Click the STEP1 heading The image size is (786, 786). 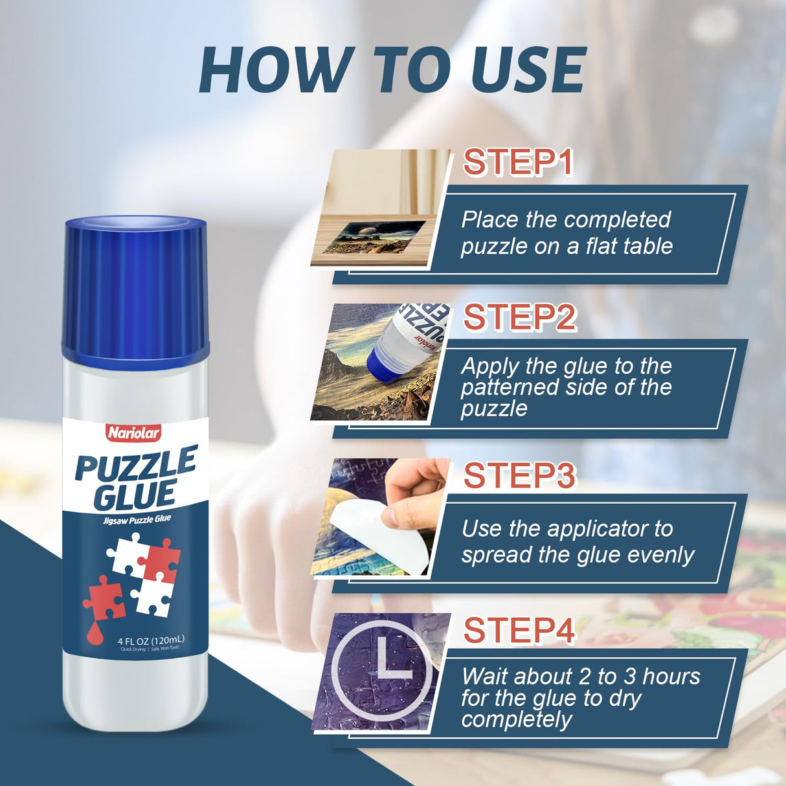click(x=518, y=163)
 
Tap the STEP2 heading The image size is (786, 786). click(x=519, y=318)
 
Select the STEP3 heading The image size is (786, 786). click(x=519, y=476)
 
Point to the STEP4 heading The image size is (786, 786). click(x=519, y=631)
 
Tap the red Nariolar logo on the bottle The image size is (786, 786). click(x=134, y=433)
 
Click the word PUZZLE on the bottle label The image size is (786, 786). click(x=136, y=464)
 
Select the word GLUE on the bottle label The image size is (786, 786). click(x=134, y=495)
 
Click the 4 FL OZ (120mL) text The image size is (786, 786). click(x=151, y=640)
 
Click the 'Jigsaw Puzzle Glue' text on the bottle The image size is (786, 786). click(x=137, y=520)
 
